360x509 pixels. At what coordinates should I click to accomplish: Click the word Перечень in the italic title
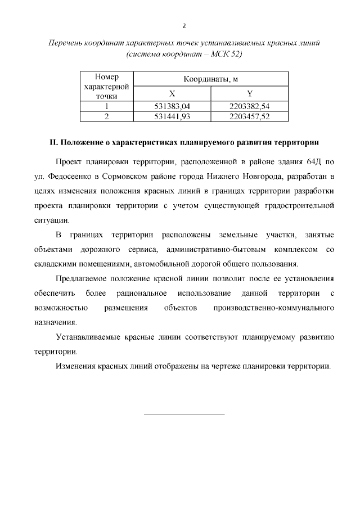pos(65,43)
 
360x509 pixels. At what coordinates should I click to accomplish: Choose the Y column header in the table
pos(250,93)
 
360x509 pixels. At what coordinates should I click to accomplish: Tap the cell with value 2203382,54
pos(250,106)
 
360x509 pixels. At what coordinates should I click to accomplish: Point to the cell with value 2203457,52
pos(250,116)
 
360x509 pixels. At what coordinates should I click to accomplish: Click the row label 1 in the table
pos(106,106)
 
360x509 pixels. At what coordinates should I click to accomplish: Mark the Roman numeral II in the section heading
pos(53,142)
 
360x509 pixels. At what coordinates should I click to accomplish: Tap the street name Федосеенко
pos(68,177)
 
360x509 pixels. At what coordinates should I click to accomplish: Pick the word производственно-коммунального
pos(274,308)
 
